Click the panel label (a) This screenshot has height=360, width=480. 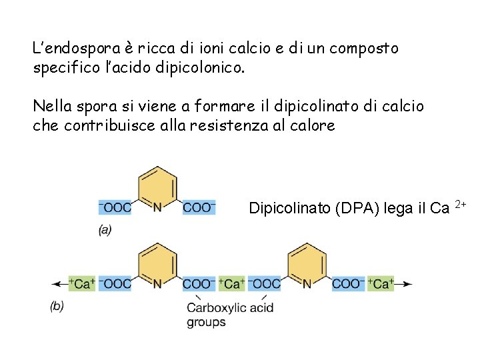(x=105, y=230)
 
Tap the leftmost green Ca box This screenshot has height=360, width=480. (x=83, y=283)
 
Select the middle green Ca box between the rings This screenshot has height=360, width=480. (x=231, y=283)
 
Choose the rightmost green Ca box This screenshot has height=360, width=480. (x=381, y=283)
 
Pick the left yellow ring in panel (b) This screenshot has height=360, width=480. (x=157, y=260)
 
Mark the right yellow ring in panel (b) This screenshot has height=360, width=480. (x=307, y=260)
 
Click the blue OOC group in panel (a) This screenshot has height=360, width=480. (x=115, y=207)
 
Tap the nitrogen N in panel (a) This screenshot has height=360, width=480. (x=157, y=207)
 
